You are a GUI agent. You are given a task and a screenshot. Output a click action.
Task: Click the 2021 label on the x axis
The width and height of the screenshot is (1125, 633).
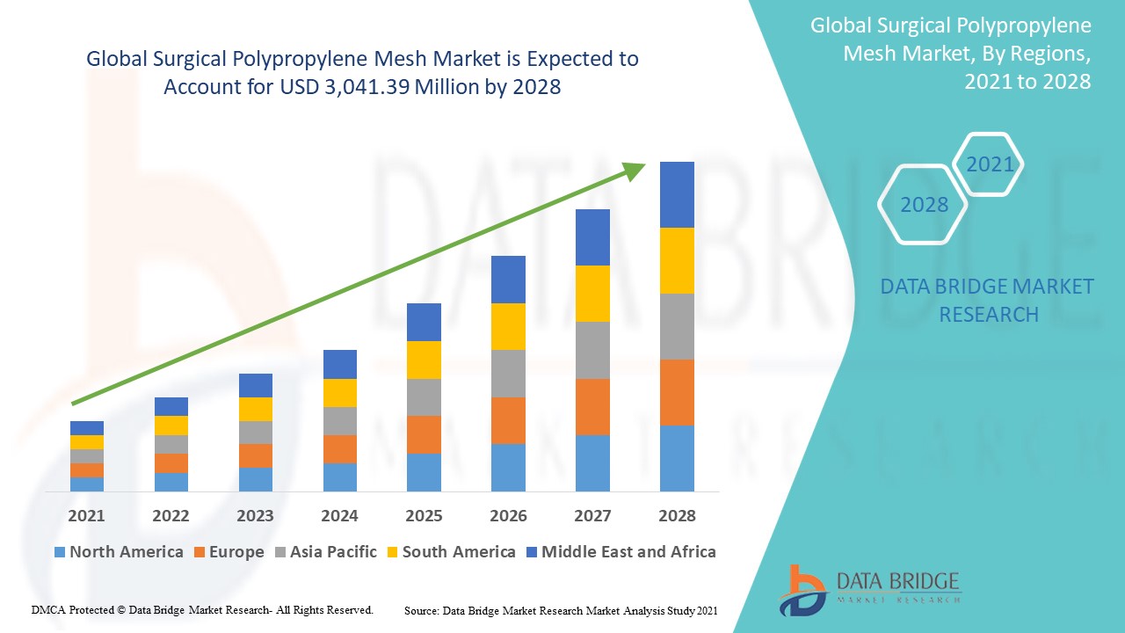pos(86,515)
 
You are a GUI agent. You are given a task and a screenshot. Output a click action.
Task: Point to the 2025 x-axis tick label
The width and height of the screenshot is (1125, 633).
pos(424,515)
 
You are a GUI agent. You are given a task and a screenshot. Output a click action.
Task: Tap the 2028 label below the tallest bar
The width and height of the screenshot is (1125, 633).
pos(677,515)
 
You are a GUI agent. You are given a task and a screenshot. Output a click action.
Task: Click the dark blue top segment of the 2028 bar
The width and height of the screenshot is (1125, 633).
pos(677,194)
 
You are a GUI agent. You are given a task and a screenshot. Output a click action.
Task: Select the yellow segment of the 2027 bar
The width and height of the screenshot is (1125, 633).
pos(592,293)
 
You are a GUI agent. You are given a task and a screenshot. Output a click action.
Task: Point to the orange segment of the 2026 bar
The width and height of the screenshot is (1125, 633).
pos(508,420)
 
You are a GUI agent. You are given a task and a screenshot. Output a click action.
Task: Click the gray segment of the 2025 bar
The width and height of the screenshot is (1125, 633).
pos(424,397)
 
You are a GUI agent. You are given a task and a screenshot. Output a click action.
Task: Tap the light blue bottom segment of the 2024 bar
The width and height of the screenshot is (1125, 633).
pos(340,477)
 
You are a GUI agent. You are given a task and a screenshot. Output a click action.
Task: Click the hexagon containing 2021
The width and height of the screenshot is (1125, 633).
pos(989,164)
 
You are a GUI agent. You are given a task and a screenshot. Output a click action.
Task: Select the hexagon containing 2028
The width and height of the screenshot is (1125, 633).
pos(923,205)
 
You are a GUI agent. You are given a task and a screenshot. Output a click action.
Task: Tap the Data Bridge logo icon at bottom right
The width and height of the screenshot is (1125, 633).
pos(802,589)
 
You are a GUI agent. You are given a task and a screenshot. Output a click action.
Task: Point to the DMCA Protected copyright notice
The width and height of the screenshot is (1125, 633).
pos(203,609)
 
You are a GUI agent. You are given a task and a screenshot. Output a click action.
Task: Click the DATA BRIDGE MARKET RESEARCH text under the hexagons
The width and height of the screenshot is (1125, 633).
pos(987,301)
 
